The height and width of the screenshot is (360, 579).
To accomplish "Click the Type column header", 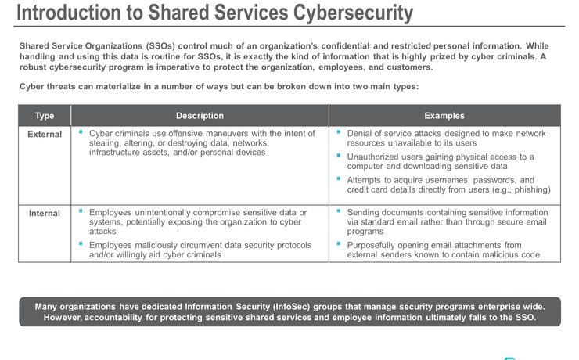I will (45, 116).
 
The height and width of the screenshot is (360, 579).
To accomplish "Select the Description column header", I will (200, 116).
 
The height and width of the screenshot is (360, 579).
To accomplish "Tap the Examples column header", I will (444, 116).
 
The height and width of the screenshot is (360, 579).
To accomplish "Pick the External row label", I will (45, 134).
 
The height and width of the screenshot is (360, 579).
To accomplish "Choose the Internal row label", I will (45, 213).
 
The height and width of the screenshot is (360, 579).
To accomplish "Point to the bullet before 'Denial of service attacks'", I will (339, 132).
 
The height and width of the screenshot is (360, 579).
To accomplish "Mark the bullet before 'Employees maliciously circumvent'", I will (81, 244).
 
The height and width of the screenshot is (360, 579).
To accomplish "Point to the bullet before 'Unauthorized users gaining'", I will (339, 155).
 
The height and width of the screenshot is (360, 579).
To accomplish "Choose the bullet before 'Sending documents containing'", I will (339, 211).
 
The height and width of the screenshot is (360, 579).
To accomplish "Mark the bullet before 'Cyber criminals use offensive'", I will (81, 132).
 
